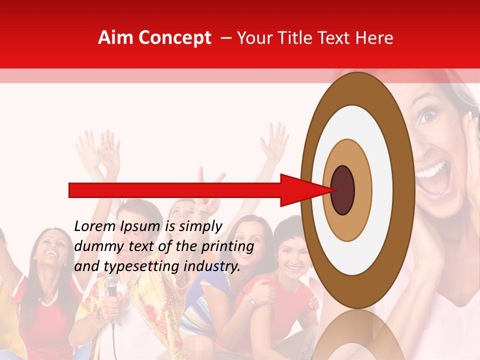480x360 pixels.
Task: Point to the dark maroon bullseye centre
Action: tap(343, 190)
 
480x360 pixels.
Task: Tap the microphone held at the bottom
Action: tap(112, 287)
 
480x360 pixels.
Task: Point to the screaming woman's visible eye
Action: tap(426, 116)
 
